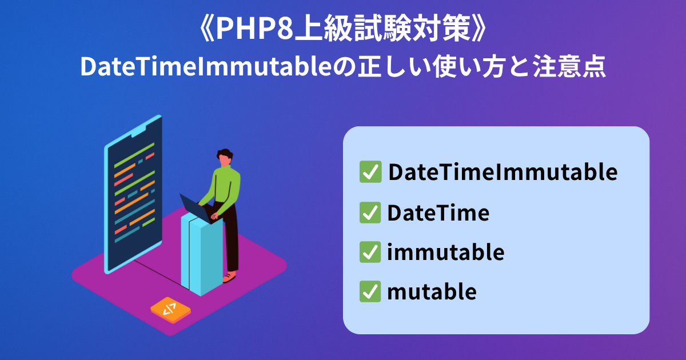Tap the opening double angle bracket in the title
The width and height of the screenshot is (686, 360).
pyautogui.click(x=208, y=29)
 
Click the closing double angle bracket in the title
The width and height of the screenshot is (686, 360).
pyautogui.click(x=478, y=29)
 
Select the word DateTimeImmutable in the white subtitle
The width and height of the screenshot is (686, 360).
pyautogui.click(x=206, y=66)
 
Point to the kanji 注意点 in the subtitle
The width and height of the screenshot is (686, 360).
pyautogui.click(x=569, y=66)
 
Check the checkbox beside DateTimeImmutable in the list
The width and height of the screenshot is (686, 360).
pyautogui.click(x=370, y=172)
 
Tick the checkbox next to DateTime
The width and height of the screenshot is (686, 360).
pyautogui.click(x=370, y=213)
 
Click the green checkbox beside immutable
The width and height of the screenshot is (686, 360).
pyautogui.click(x=370, y=252)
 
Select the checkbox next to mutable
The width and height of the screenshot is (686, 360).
pyautogui.click(x=370, y=291)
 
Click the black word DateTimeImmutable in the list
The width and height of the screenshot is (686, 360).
pyautogui.click(x=503, y=172)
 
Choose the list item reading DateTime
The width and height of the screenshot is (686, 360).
pyautogui.click(x=438, y=213)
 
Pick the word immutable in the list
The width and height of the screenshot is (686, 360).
pyautogui.click(x=445, y=251)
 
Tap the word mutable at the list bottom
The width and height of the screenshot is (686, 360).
pyautogui.click(x=432, y=291)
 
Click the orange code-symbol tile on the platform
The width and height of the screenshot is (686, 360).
pyautogui.click(x=170, y=310)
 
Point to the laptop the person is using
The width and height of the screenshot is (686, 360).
pyautogui.click(x=196, y=208)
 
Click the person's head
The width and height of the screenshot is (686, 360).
pyautogui.click(x=225, y=157)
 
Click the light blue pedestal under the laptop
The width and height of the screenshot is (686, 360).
pyautogui.click(x=202, y=255)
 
